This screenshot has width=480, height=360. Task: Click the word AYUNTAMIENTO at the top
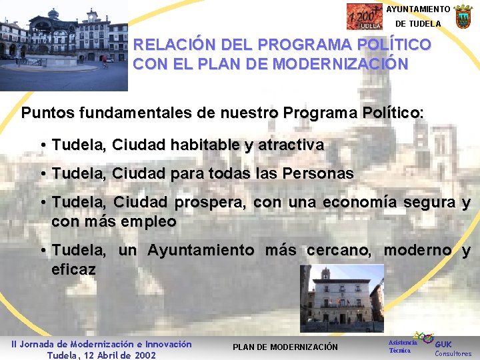[418, 9]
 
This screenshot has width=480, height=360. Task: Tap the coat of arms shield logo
[463, 16]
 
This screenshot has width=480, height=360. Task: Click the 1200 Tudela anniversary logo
[364, 17]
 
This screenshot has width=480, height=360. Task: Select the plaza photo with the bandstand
[64, 45]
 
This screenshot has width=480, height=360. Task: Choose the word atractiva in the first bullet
[293, 145]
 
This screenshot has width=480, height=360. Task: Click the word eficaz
[73, 270]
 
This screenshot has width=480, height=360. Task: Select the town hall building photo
[342, 298]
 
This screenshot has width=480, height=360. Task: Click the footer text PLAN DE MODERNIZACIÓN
[285, 347]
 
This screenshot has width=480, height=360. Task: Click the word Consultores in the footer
[453, 354]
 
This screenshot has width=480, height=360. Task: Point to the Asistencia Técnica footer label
[402, 346]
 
